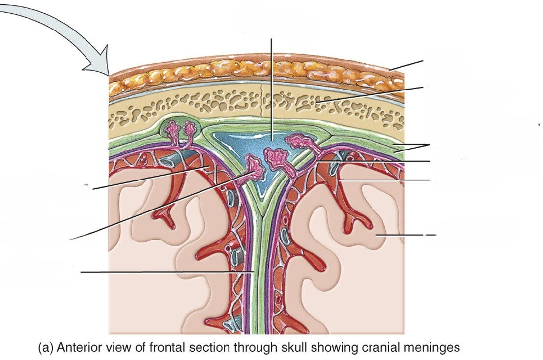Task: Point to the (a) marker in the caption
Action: (x=46, y=348)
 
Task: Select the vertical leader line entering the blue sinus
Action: (x=271, y=89)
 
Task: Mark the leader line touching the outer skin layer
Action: (x=406, y=65)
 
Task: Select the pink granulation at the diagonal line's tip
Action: (x=255, y=165)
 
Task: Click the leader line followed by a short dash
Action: (x=400, y=235)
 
